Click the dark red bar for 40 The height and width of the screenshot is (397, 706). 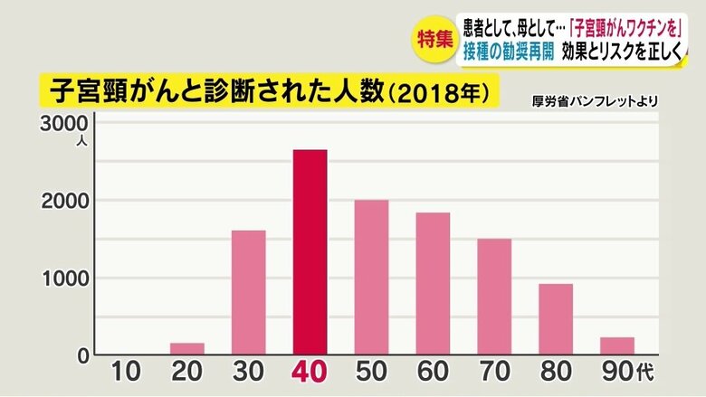[310, 251]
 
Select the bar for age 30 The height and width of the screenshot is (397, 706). [249, 291]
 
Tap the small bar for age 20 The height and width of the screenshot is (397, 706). [187, 348]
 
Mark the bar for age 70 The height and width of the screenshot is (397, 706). [494, 296]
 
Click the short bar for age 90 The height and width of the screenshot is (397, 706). [617, 345]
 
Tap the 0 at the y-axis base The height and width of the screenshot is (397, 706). [83, 354]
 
